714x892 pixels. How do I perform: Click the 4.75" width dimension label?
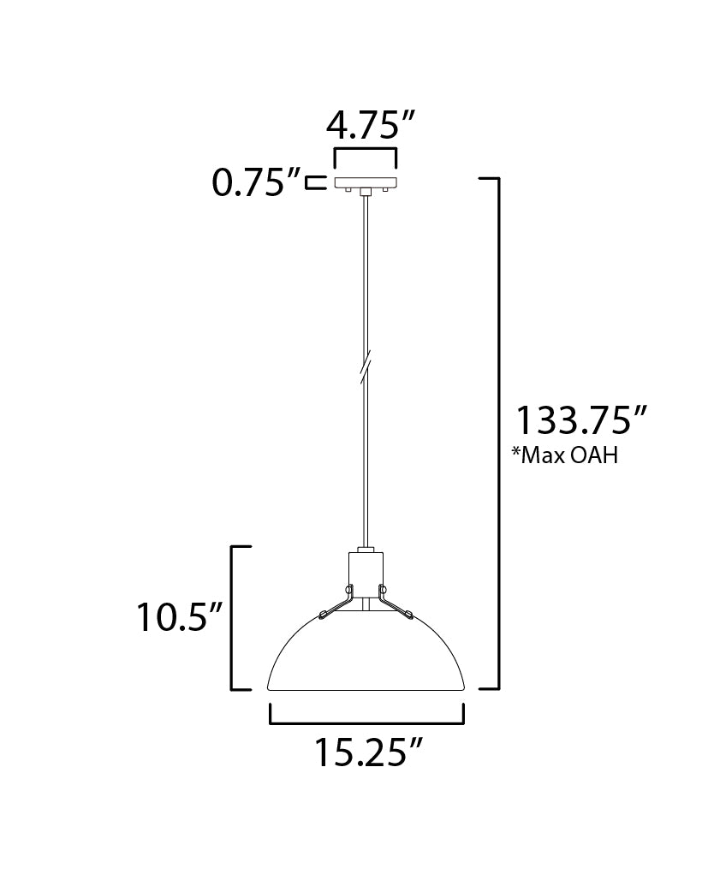pos(364,127)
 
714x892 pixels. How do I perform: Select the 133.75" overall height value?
pos(580,421)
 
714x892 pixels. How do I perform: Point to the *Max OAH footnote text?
pos(564,455)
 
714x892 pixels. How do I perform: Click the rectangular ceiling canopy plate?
pos(366,183)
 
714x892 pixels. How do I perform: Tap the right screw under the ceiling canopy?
pos(384,193)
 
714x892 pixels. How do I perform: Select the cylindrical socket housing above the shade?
pos(366,575)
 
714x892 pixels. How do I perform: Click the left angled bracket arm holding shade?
pos(336,603)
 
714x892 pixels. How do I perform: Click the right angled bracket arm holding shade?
pos(395,603)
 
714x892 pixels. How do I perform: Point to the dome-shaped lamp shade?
pos(366,655)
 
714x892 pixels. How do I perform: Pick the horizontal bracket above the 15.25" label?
pos(366,722)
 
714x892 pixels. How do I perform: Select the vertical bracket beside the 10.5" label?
pos(234,616)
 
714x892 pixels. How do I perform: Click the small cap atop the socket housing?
pos(366,549)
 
